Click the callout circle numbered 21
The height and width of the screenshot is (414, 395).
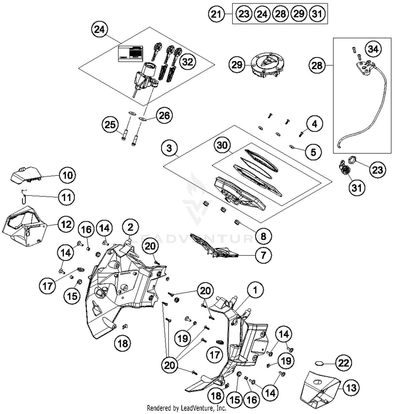tap(216, 14)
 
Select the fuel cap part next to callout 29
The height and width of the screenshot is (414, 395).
tap(268, 65)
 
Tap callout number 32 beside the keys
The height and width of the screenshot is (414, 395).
tap(187, 62)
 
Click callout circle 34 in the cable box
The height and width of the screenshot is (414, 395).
tap(373, 49)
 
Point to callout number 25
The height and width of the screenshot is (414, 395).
tap(110, 124)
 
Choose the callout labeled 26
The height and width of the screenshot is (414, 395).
tap(164, 115)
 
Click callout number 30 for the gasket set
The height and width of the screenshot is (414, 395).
tap(222, 145)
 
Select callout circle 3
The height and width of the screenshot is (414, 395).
tap(169, 148)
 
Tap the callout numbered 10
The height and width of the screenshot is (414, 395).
tap(68, 175)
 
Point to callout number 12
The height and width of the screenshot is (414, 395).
tap(66, 224)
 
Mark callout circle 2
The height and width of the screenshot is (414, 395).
tap(131, 227)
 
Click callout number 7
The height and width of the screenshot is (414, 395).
tap(263, 255)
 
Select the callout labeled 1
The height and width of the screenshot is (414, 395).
tap(255, 290)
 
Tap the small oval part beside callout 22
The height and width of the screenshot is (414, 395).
tap(319, 363)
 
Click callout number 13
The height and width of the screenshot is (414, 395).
tap(351, 388)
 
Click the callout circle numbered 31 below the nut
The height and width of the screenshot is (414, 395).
tap(357, 188)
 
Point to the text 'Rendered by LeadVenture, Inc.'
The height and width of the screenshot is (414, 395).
tap(186, 408)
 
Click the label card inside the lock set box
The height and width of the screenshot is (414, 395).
tap(130, 54)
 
